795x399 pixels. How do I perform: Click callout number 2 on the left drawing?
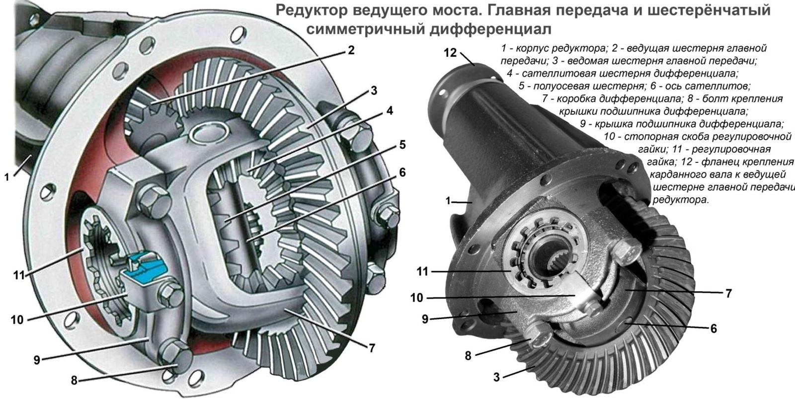tap(351, 50)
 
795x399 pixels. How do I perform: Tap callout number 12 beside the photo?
tap(450, 52)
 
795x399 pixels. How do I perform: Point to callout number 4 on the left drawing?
tap(391, 110)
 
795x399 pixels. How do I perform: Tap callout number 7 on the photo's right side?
tap(728, 293)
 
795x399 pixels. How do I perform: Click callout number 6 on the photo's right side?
tap(714, 328)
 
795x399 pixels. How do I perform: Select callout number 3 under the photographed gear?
tap(496, 378)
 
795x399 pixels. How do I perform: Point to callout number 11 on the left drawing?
tap(19, 274)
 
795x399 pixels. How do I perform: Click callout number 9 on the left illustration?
tap(37, 360)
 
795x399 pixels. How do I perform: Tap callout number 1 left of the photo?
tap(448, 201)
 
